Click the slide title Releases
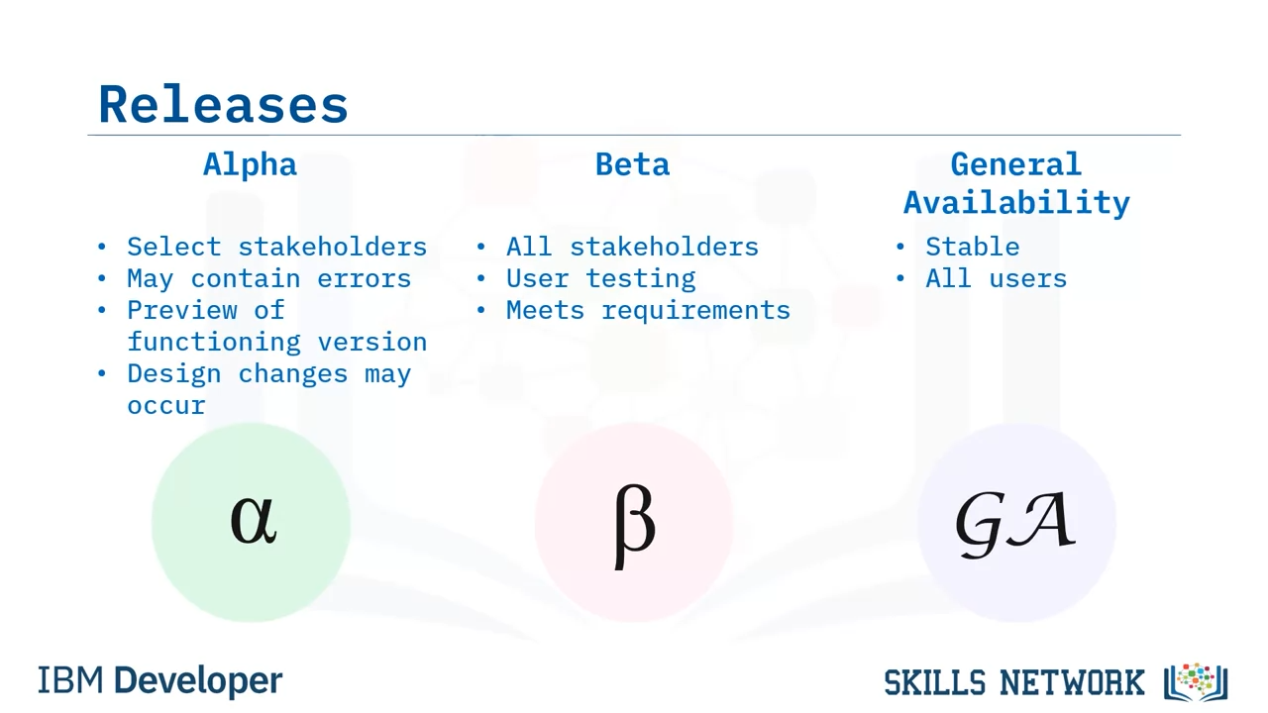click(223, 104)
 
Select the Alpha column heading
click(250, 164)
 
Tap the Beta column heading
click(632, 164)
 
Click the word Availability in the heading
click(1016, 202)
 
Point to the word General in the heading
click(1016, 164)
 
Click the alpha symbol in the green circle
click(254, 520)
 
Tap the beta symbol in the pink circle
click(634, 526)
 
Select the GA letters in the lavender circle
click(1015, 524)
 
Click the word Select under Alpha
click(173, 247)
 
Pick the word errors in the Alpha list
click(364, 278)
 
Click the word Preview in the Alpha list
click(181, 310)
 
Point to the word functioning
click(214, 343)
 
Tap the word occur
click(166, 406)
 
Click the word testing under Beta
click(640, 279)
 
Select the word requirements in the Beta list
click(695, 311)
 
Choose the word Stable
click(973, 247)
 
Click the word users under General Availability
click(1027, 279)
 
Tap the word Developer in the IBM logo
click(198, 680)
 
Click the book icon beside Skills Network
click(1196, 681)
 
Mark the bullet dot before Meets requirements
click(481, 310)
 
